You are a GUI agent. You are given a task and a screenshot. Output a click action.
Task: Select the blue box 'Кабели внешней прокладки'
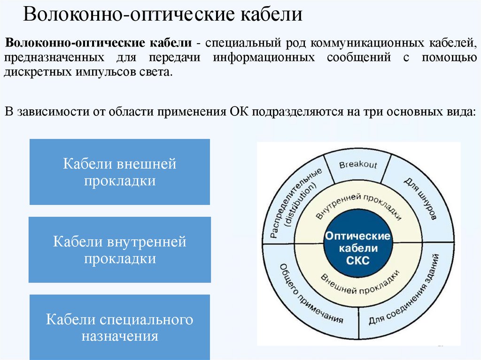click(120, 172)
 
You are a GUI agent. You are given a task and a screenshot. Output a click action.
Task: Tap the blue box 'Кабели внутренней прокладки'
click(120, 250)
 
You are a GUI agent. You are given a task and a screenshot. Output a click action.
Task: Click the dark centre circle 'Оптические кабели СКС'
click(357, 247)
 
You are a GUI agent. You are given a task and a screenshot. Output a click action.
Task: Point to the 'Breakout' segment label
click(358, 165)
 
